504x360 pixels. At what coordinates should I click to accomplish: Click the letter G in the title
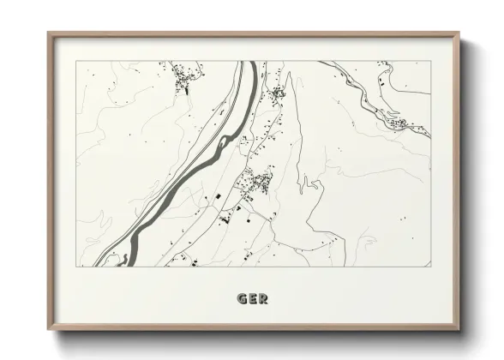pos(242,299)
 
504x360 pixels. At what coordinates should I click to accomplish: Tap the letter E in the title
pos(252,299)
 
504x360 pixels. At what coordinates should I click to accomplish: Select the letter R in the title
pos(263,299)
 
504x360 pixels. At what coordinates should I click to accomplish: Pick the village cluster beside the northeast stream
pos(400,124)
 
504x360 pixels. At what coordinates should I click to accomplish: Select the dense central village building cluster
pos(256,181)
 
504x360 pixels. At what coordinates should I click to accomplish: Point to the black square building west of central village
pos(219,196)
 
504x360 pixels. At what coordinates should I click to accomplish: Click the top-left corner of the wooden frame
pos(48,33)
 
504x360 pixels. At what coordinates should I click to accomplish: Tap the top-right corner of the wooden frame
pos(459,33)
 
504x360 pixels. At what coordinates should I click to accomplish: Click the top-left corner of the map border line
pos(76,61)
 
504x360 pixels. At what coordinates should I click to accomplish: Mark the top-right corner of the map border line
pos(431,61)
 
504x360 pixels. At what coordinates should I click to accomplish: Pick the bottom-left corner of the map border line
pos(76,267)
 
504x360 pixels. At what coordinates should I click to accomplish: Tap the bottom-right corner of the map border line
pos(431,267)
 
